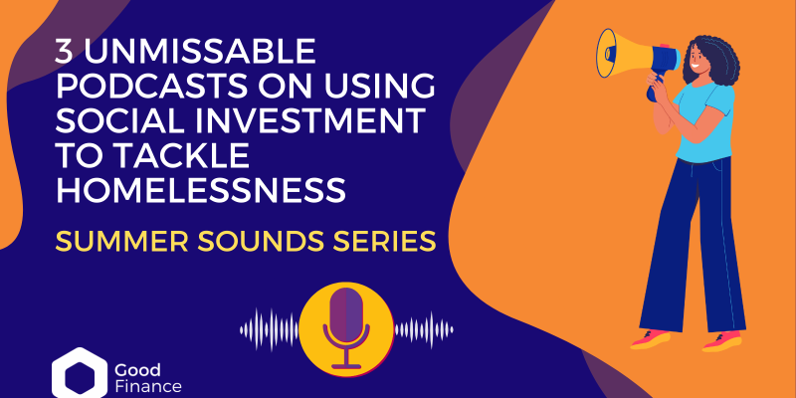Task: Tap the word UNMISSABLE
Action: click(x=200, y=52)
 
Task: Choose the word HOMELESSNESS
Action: click(x=201, y=190)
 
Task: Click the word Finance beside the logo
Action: click(x=148, y=387)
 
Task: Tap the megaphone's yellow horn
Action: click(x=624, y=54)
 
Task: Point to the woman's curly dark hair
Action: click(x=713, y=62)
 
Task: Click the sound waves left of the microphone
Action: click(x=270, y=329)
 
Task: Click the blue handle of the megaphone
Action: click(x=655, y=88)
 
